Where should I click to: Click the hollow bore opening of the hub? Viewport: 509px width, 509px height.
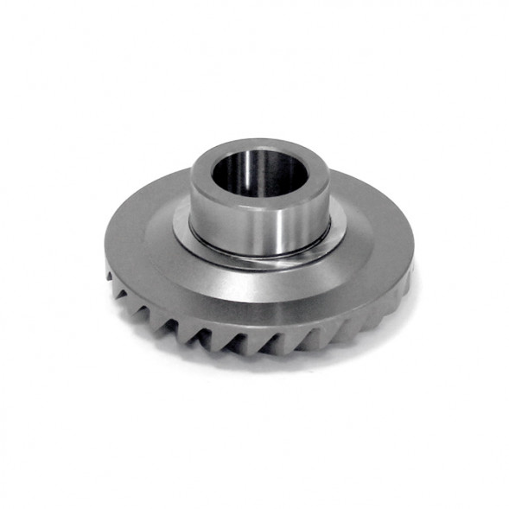(259, 173)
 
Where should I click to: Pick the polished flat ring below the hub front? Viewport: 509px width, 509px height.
(259, 263)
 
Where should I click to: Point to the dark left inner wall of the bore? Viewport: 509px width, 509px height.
(223, 173)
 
